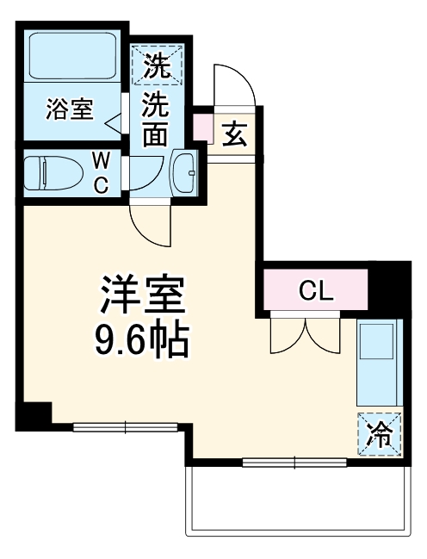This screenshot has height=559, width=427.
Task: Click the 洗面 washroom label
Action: coord(155,119)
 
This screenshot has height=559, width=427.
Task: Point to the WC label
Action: coord(102,171)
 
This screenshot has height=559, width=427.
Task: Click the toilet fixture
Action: coord(47,171)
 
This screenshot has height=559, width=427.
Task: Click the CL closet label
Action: coord(315,290)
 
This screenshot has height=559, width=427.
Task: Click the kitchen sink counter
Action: coord(378,362)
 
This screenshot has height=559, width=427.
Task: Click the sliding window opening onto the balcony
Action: coord(294,463)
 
